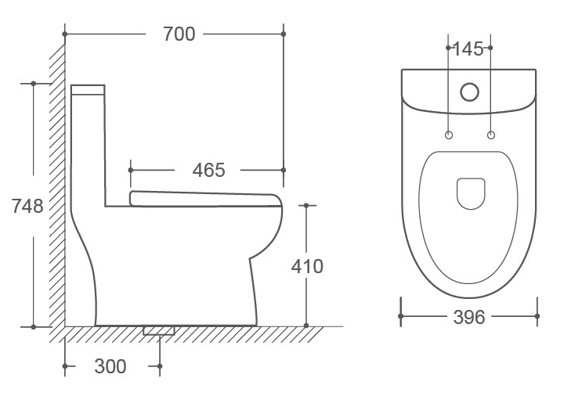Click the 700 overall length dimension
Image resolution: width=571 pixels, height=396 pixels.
tap(179, 34)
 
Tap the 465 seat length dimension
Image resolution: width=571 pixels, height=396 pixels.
tap(208, 170)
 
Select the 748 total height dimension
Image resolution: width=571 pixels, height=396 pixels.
tap(27, 206)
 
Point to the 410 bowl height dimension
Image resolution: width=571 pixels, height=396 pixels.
tap(307, 266)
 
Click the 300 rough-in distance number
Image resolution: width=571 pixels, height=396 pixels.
tap(110, 366)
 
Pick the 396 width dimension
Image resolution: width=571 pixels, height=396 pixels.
tap(469, 317)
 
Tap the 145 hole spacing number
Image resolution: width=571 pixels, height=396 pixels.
tap(468, 49)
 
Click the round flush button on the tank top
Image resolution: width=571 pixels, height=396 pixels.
tap(469, 92)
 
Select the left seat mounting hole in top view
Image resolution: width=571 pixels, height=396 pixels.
tap(449, 135)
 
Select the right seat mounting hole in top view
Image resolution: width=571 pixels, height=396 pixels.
tap(491, 135)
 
